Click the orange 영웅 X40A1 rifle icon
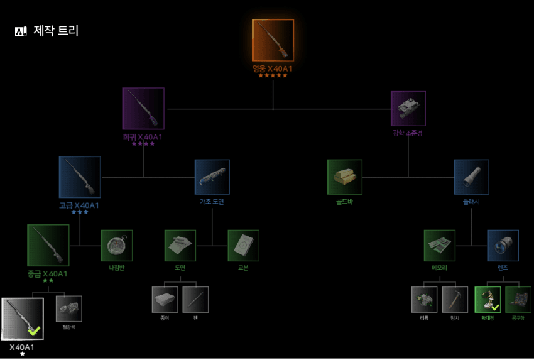pyautogui.click(x=273, y=40)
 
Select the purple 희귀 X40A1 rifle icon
pyautogui.click(x=143, y=108)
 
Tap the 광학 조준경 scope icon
pyautogui.click(x=408, y=108)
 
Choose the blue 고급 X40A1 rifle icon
pyautogui.click(x=80, y=177)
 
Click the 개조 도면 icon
pyautogui.click(x=212, y=177)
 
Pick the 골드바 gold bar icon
pyautogui.click(x=344, y=177)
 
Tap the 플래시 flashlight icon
pyautogui.click(x=471, y=177)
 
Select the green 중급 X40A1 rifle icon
pyautogui.click(x=48, y=245)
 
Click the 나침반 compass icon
pyautogui.click(x=117, y=245)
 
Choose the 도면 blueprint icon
pyautogui.click(x=180, y=245)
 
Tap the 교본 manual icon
pyautogui.click(x=243, y=245)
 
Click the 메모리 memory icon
pyautogui.click(x=439, y=245)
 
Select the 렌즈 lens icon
pyautogui.click(x=503, y=245)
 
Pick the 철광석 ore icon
pyautogui.click(x=68, y=308)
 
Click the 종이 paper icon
pyautogui.click(x=165, y=300)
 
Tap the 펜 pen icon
pyautogui.click(x=195, y=300)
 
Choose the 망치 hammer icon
pyautogui.click(x=455, y=300)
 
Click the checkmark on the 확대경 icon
pyautogui.click(x=495, y=307)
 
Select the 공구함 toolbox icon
pyautogui.click(x=518, y=300)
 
